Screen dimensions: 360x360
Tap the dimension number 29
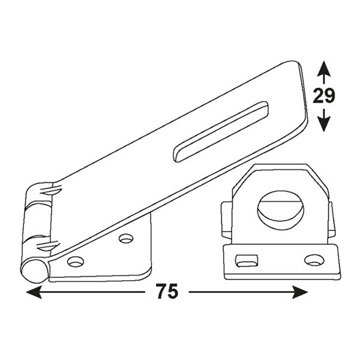pyautogui.click(x=324, y=95)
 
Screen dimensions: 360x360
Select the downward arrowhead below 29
pyautogui.click(x=324, y=125)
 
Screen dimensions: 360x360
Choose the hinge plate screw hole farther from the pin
pyautogui.click(x=125, y=239)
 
